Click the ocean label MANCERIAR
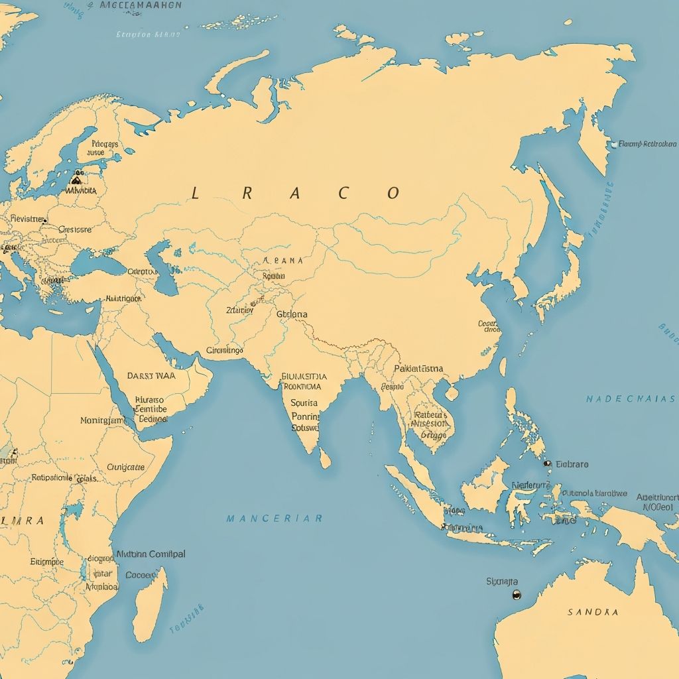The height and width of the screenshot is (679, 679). click(x=274, y=518)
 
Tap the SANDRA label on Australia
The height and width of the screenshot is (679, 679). click(x=593, y=612)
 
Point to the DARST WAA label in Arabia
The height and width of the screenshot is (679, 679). click(x=151, y=375)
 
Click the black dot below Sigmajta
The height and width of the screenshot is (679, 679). click(x=517, y=595)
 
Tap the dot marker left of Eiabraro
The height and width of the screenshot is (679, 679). click(x=547, y=464)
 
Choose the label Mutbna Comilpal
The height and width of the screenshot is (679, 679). click(x=151, y=554)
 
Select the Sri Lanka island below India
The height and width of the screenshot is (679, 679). click(x=324, y=457)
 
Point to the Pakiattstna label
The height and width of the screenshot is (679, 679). click(x=418, y=369)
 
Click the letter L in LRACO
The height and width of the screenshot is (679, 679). click(x=195, y=194)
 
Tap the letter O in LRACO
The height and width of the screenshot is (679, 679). click(x=393, y=194)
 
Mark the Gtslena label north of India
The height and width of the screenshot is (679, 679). click(x=292, y=314)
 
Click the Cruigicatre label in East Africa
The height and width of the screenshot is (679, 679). click(x=125, y=467)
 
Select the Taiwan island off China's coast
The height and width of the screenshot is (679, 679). click(x=503, y=367)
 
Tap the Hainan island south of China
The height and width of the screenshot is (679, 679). click(x=452, y=393)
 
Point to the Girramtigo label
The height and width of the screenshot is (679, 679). click(x=225, y=350)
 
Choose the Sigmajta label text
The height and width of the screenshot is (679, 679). click(x=502, y=582)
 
